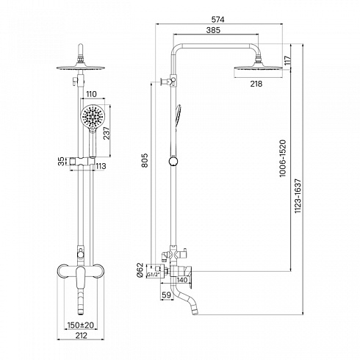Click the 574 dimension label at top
click(217, 19)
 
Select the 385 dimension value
click(213, 30)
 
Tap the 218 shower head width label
click(256, 84)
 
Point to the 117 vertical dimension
click(287, 60)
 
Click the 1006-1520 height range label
click(283, 158)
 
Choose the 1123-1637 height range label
click(298, 195)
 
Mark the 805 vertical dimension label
click(145, 160)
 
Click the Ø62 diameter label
click(140, 270)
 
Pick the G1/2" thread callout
click(154, 275)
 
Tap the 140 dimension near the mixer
click(182, 280)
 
